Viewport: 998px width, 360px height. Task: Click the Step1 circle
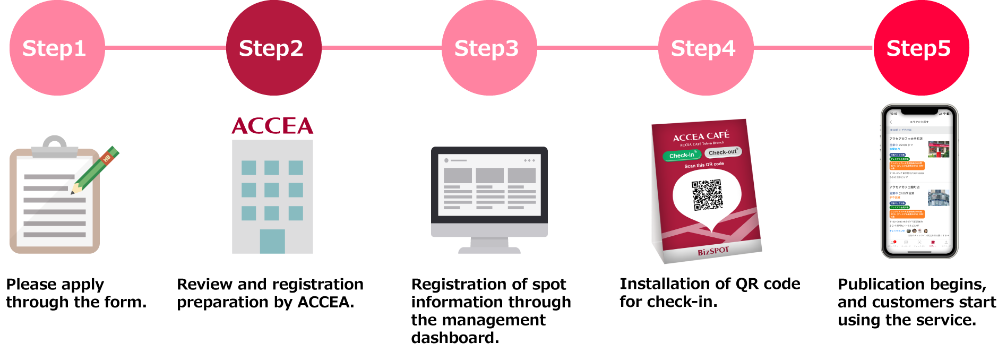tap(57, 48)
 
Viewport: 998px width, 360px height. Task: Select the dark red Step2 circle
tap(273, 48)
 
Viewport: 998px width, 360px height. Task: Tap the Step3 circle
tap(489, 48)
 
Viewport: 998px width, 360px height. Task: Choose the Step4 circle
tap(706, 48)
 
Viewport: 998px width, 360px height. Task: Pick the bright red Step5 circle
tap(921, 48)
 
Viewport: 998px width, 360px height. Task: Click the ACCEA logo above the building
tap(272, 126)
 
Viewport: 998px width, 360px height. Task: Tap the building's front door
tap(272, 241)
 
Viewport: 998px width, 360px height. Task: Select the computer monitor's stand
tap(489, 245)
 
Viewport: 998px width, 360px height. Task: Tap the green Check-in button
tap(682, 156)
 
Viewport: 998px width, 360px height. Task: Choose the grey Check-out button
tap(722, 152)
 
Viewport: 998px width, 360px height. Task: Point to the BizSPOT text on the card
tap(713, 251)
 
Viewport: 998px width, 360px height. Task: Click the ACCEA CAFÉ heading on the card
tap(701, 136)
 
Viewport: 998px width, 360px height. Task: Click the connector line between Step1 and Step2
tap(165, 48)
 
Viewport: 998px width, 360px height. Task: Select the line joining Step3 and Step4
tap(597, 48)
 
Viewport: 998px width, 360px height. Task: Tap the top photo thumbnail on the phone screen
tap(939, 149)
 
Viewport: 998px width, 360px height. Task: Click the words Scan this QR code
tap(704, 165)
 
